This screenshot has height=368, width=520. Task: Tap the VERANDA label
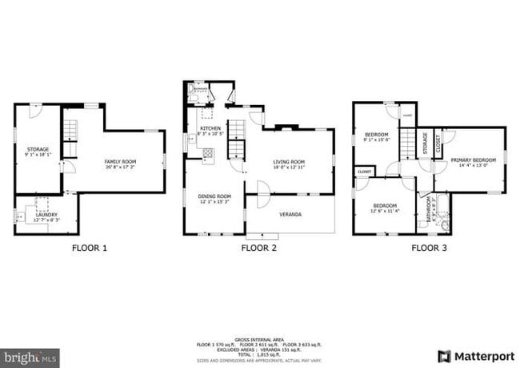coord(290,214)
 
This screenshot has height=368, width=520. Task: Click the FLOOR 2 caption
coord(258,248)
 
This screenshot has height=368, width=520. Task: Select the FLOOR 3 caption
coord(429,248)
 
